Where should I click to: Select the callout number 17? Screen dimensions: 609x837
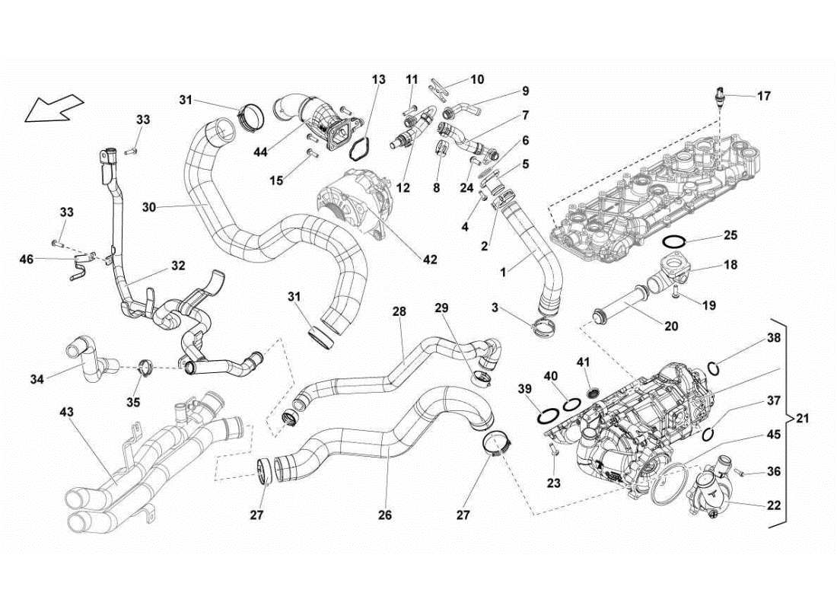(763, 96)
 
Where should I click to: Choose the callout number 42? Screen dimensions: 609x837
(430, 260)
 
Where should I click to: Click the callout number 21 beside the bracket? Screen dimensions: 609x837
(804, 418)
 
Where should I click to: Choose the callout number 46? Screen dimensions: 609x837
(27, 260)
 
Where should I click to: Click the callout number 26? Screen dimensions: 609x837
(385, 515)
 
